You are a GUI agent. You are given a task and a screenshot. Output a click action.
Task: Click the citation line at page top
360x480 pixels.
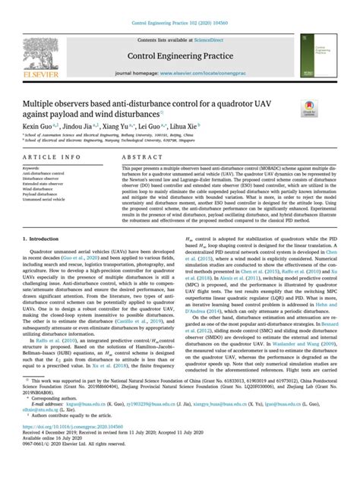coord(180,23)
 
